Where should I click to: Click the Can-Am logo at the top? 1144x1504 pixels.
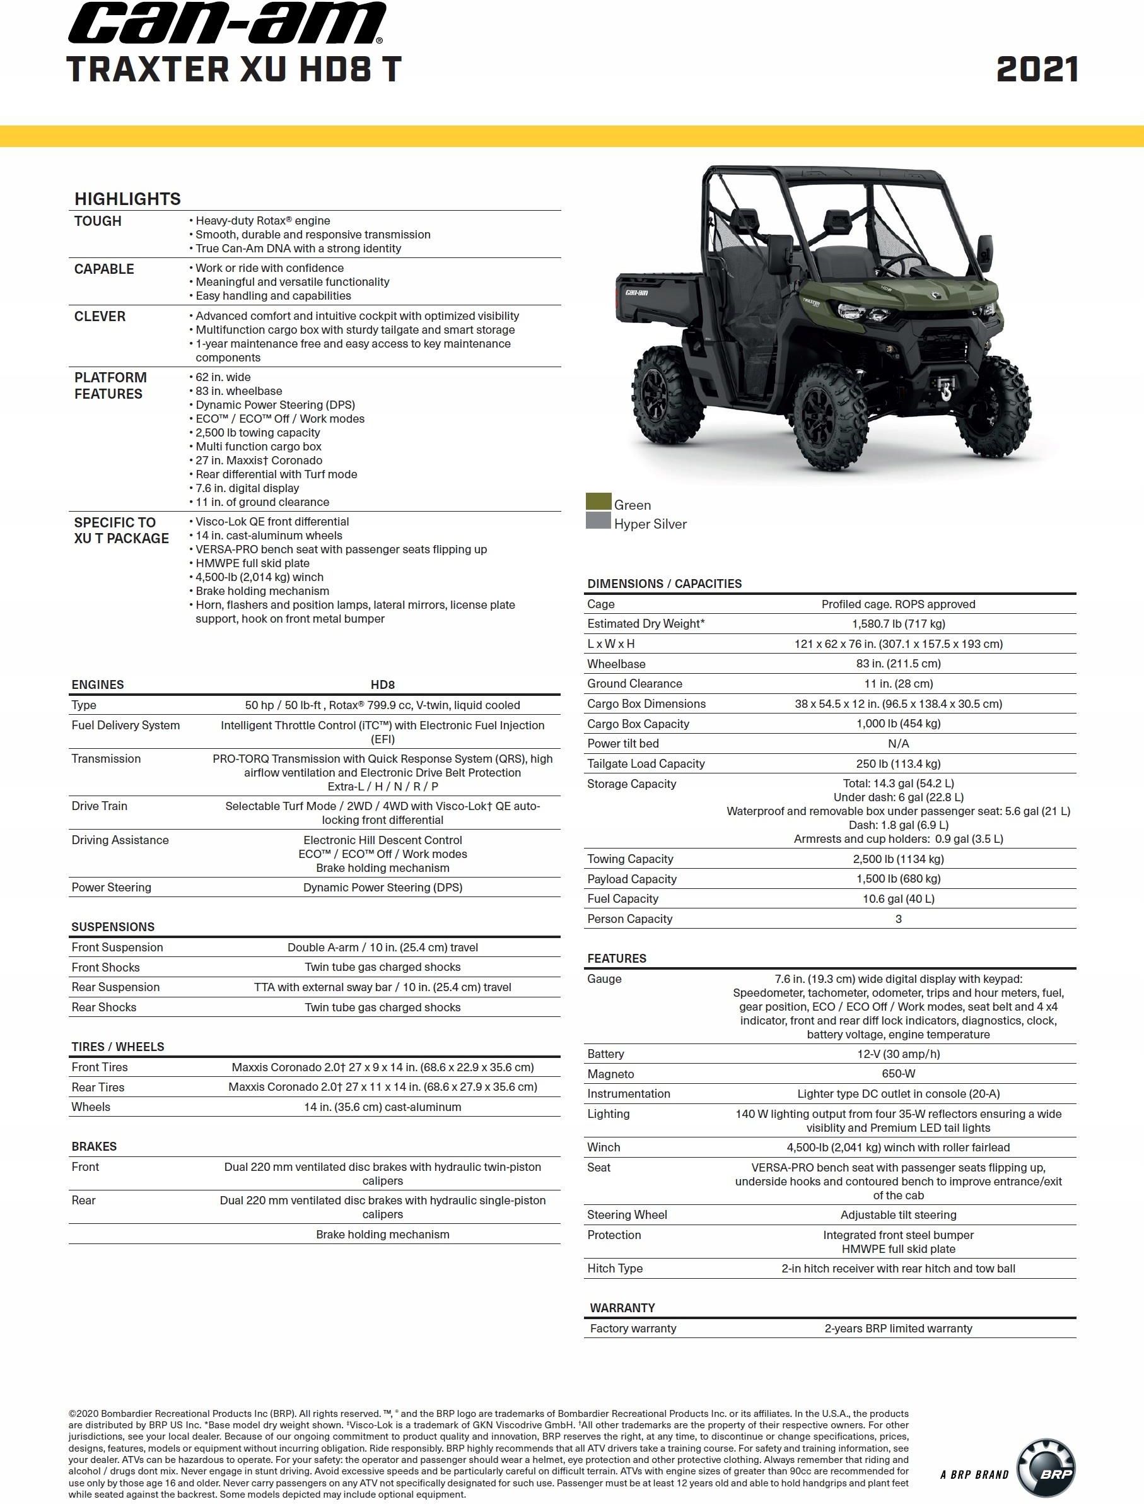click(227, 24)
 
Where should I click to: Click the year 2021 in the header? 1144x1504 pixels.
click(1036, 70)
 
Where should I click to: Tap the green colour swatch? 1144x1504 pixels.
click(598, 502)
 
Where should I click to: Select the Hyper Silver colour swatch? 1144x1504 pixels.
click(598, 520)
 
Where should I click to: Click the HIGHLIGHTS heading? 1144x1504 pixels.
click(127, 199)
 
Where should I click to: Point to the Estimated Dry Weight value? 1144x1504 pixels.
click(897, 623)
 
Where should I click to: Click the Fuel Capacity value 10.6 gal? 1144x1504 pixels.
click(897, 898)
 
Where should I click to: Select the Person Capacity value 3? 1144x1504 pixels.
click(897, 919)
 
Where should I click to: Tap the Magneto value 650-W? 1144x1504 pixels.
click(897, 1074)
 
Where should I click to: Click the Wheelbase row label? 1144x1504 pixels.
click(616, 664)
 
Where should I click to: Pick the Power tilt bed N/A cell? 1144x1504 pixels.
click(897, 743)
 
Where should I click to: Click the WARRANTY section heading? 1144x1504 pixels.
click(622, 1308)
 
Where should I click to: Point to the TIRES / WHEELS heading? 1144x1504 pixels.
click(118, 1047)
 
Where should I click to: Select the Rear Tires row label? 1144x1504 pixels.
click(98, 1087)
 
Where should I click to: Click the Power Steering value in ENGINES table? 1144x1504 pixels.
click(382, 888)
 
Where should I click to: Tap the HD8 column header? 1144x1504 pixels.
click(382, 684)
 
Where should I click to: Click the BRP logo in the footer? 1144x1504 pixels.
click(1045, 1473)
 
